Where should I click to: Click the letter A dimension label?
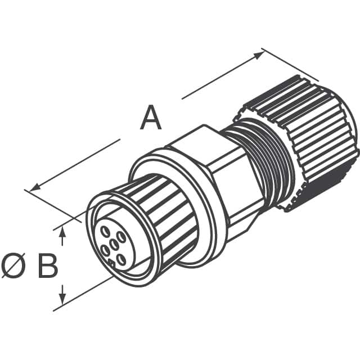tap(150, 119)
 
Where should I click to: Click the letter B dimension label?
tap(48, 266)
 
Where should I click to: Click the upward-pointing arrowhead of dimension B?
tap(63, 231)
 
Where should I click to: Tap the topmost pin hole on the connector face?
tap(106, 230)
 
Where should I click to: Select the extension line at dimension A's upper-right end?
tap(290, 64)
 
